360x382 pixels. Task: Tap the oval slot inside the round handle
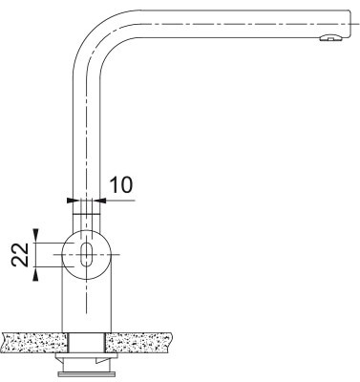[x=86, y=254]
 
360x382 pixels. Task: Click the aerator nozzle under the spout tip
[x=328, y=39]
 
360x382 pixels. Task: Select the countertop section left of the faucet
[x=33, y=341]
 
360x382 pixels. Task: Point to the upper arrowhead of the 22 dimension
[x=35, y=234]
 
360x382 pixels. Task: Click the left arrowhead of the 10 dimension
[x=72, y=201]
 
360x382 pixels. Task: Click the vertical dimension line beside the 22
[x=35, y=254]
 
